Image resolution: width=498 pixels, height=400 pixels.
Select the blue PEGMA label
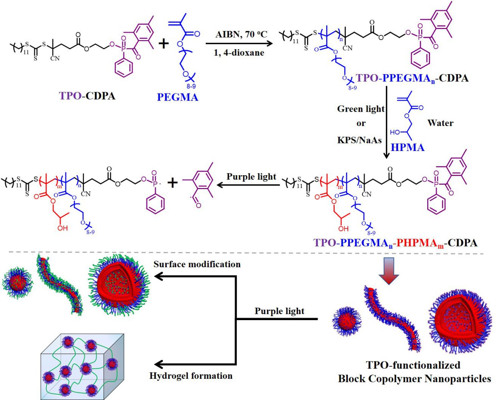177,97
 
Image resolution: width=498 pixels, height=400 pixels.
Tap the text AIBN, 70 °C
241,34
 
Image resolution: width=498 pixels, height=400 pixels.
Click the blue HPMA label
408,147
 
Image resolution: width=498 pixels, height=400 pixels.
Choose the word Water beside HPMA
440,123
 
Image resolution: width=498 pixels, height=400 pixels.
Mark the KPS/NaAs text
359,140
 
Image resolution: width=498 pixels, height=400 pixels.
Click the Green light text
361,109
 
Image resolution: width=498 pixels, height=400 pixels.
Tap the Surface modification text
197,264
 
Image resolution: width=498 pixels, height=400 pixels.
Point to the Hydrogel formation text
191,376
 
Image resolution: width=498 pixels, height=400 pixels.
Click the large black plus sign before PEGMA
163,44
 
